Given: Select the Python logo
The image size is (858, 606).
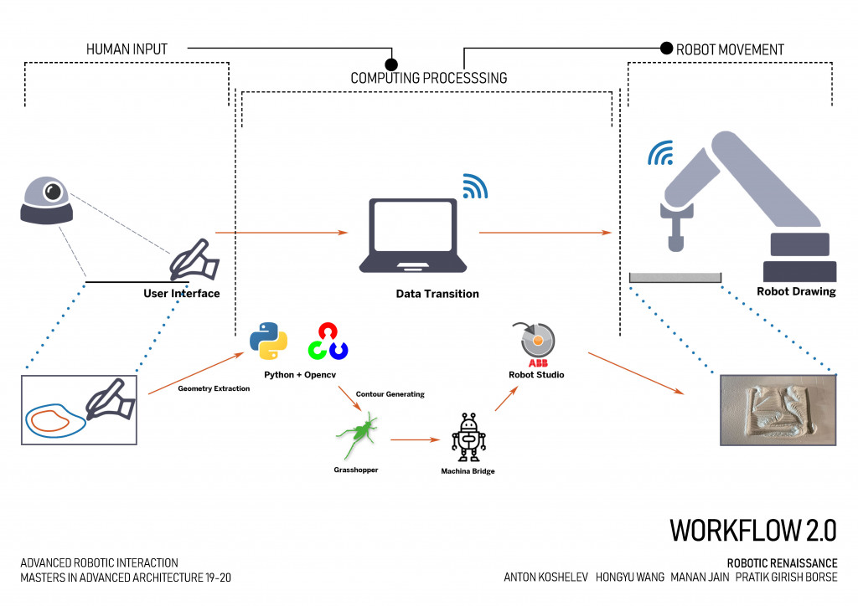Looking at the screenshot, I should [x=269, y=339].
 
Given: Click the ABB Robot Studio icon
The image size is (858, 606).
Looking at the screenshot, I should [x=537, y=341].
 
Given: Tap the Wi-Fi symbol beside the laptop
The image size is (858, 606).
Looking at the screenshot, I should [x=475, y=187].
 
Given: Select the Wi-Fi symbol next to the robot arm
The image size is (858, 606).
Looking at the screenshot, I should [x=660, y=152].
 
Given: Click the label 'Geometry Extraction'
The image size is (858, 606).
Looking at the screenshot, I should [x=214, y=388].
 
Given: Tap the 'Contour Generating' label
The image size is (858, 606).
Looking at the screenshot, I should [x=390, y=393].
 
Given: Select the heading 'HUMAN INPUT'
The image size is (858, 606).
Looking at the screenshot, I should [x=127, y=49].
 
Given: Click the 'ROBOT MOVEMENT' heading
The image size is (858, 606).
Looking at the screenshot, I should [x=731, y=49].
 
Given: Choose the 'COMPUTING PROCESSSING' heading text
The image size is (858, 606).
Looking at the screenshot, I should [x=428, y=78].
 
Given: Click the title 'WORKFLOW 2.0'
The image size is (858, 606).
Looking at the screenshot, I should [x=752, y=530].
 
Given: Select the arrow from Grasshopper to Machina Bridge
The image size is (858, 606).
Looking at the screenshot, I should [x=416, y=439].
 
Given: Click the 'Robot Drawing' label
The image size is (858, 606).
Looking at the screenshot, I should [x=796, y=292].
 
